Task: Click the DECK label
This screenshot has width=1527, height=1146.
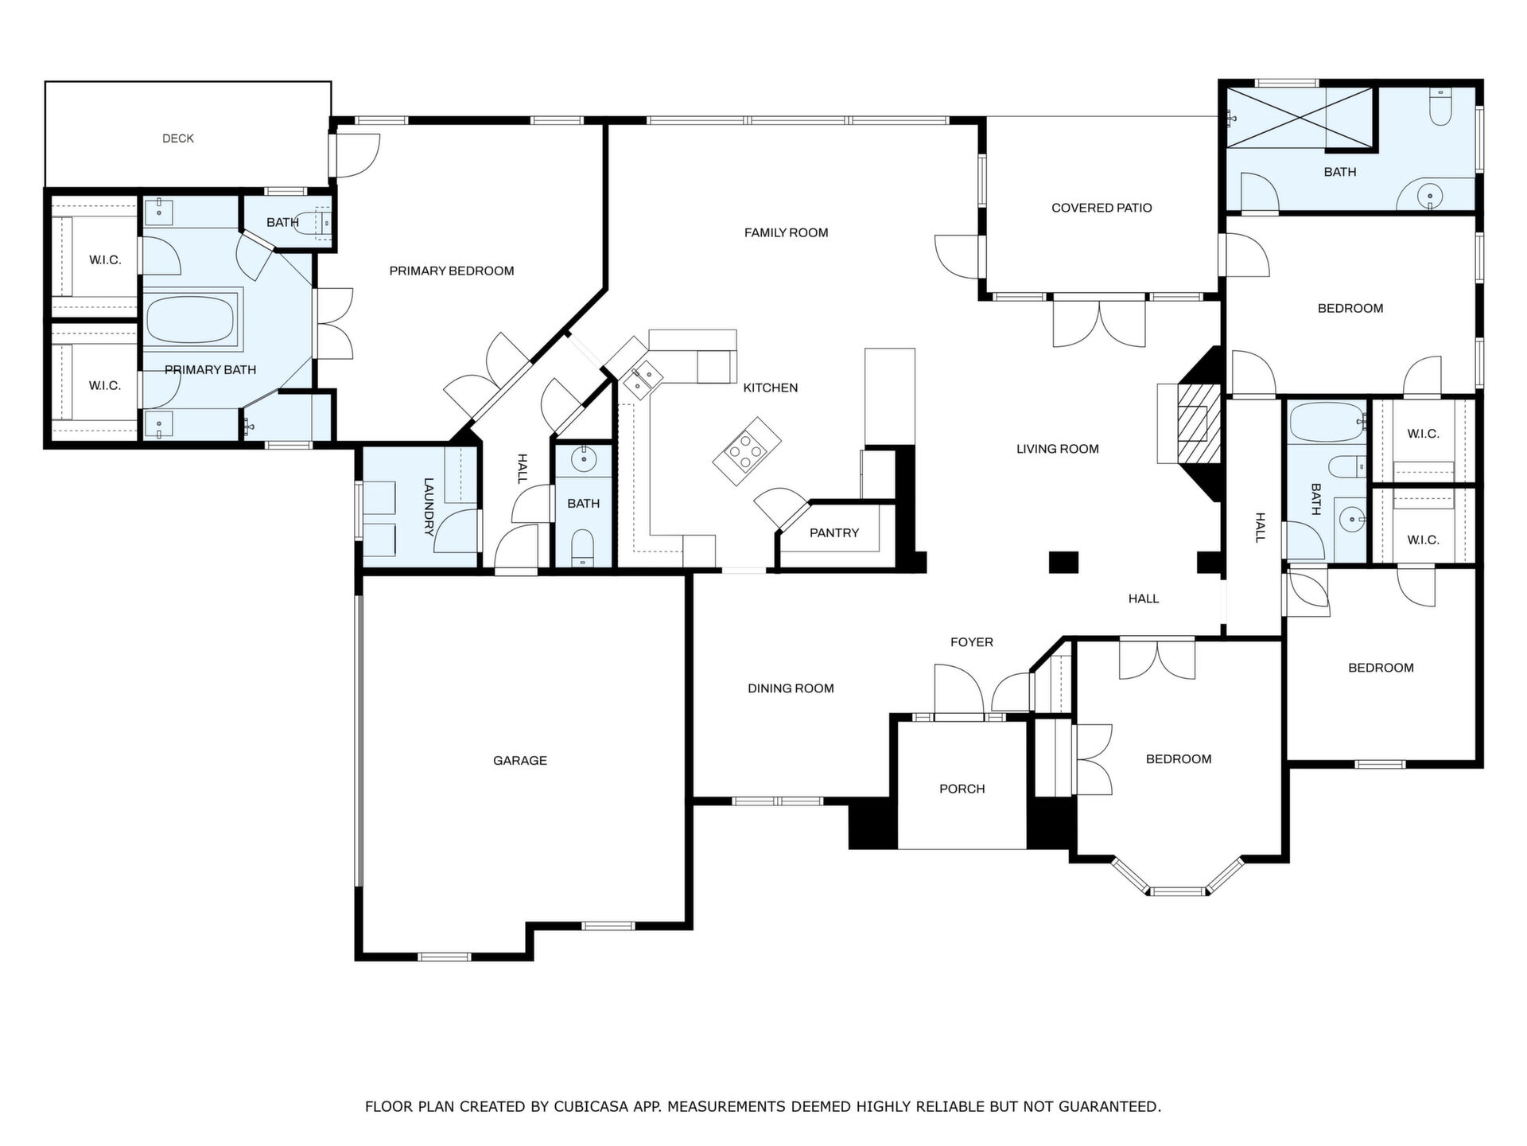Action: (178, 138)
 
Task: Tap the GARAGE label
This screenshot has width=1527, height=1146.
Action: (520, 761)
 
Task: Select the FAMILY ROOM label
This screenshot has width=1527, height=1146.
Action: (787, 232)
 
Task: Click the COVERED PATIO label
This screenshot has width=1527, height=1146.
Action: (1102, 208)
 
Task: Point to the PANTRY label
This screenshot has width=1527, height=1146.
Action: (834, 533)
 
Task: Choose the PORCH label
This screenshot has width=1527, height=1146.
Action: (962, 789)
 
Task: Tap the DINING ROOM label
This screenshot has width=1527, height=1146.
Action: (791, 688)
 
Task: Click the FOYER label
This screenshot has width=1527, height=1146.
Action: (972, 642)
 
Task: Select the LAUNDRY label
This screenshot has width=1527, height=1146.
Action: (429, 507)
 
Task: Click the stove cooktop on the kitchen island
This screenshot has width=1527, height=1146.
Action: (747, 452)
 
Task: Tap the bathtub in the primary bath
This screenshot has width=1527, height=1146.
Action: (190, 320)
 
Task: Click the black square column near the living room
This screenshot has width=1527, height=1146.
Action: (1063, 562)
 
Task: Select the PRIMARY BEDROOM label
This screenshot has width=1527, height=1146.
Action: (452, 271)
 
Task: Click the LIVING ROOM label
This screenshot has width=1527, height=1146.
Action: (1058, 449)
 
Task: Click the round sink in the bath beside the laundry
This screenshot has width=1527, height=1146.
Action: (585, 459)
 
